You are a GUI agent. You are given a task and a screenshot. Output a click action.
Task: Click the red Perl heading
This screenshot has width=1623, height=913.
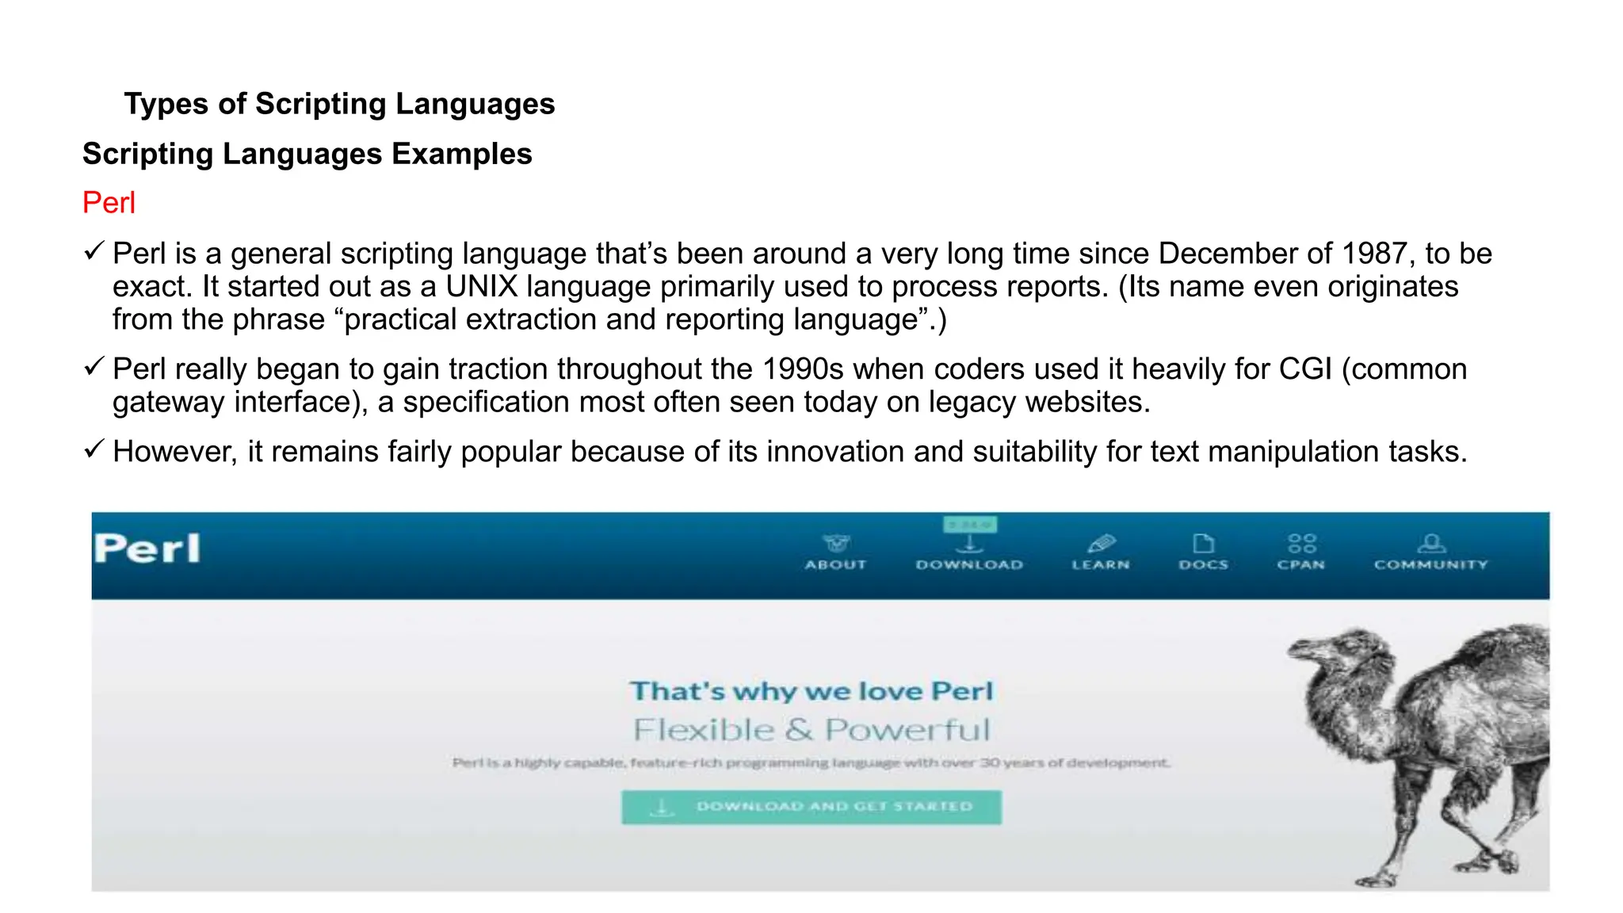coord(109,203)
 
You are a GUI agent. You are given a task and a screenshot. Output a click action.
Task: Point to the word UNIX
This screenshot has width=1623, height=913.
coord(481,286)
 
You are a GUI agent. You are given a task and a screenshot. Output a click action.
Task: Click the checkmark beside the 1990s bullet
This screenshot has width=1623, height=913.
coord(94,366)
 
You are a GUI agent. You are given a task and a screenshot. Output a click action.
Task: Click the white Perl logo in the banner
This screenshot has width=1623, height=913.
coord(147,548)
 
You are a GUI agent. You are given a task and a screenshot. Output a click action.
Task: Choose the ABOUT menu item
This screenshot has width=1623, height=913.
coord(835,552)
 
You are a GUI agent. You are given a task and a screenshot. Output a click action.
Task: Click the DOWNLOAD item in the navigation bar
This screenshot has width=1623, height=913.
coord(969,552)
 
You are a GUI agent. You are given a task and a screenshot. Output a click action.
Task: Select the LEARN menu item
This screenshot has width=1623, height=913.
coord(1101,552)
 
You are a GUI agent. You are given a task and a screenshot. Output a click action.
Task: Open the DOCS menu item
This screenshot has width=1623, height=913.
coord(1203,552)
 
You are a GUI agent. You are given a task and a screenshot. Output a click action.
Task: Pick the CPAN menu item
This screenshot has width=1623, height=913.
coord(1301,552)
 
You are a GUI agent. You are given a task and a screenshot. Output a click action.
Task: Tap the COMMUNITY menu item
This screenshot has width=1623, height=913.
coord(1431,552)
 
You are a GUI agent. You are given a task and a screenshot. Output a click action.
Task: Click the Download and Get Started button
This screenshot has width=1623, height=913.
coord(811,807)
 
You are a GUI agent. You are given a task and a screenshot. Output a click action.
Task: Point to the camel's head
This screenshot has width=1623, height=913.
coord(1331,650)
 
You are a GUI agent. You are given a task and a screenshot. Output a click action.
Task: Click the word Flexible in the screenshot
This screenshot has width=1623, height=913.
coord(703,730)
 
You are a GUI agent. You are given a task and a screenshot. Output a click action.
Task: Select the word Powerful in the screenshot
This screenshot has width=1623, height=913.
coord(907,730)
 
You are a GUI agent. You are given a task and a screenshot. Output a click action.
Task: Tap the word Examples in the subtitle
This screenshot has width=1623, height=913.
coord(461,154)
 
